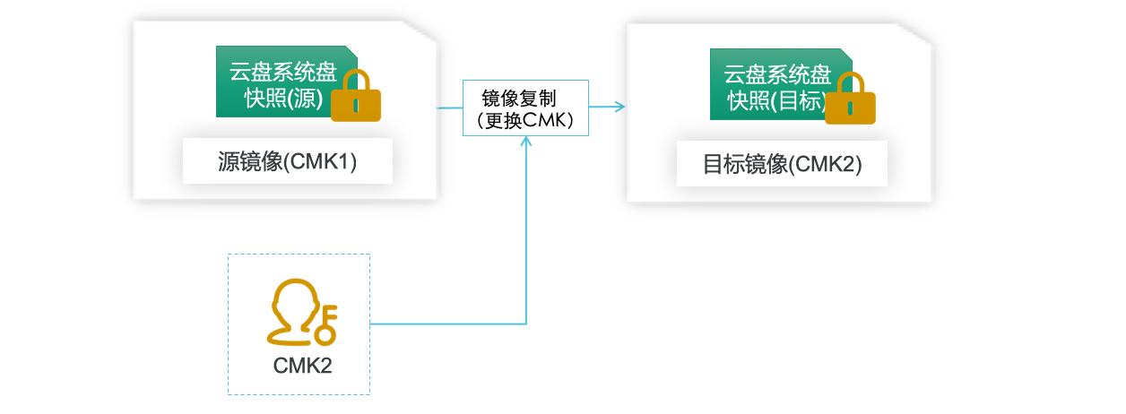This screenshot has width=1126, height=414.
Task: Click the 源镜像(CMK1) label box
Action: pos(287,161)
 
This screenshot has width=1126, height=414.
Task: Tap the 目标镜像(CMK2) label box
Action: pos(782,164)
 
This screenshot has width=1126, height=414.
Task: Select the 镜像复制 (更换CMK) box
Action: pos(525,108)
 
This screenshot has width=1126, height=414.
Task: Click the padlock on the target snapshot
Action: pos(850,101)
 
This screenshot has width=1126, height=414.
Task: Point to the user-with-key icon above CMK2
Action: pos(299,313)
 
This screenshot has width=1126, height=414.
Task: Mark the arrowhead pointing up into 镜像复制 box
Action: pos(525,142)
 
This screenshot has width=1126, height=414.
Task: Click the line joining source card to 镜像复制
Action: pos(449,108)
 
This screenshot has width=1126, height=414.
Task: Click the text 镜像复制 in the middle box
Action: pos(518,98)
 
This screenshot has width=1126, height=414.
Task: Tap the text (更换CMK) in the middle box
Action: pos(525,120)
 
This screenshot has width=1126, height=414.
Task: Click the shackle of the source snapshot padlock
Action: pos(356,79)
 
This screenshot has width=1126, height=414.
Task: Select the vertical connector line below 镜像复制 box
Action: pos(525,233)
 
